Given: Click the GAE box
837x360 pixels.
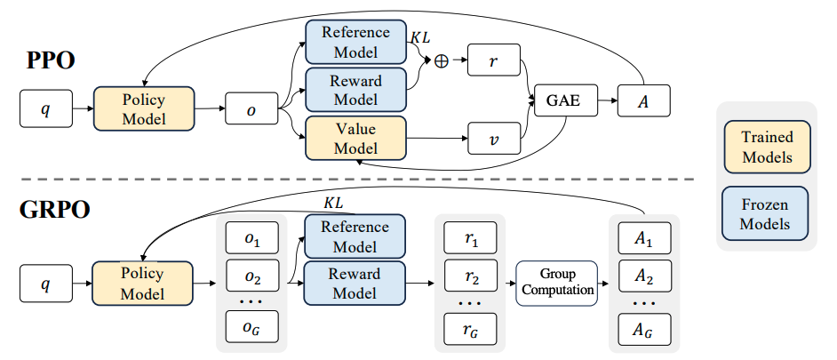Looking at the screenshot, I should (x=562, y=100).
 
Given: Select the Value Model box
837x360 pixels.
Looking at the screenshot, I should (x=355, y=138).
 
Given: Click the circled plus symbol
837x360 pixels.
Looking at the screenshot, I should (x=439, y=61).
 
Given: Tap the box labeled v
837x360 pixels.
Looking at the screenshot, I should (x=493, y=139).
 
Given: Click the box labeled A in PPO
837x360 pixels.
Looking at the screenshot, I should (x=644, y=100).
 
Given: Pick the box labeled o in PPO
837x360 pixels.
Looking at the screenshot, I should (x=251, y=110).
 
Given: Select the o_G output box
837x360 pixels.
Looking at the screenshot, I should (x=251, y=327).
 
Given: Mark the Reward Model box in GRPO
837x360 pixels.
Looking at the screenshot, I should (x=355, y=283).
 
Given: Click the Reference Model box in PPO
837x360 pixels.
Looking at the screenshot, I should (x=355, y=42).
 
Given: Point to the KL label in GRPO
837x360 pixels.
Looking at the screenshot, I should (x=333, y=204).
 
